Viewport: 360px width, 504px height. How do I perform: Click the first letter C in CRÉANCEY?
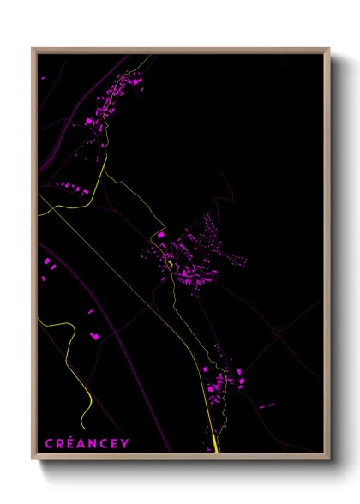[x=49, y=443]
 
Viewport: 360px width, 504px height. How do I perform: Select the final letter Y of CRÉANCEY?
[x=125, y=443]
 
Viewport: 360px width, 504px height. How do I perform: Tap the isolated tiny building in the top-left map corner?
[x=43, y=78]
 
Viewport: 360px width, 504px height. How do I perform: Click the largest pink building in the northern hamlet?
[x=88, y=123]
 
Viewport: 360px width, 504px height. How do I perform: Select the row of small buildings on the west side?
[x=72, y=186]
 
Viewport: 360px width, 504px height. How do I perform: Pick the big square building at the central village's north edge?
[x=160, y=234]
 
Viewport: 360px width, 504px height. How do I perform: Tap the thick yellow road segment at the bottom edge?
[x=214, y=441]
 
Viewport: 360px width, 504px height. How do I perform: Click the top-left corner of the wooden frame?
[x=33, y=50]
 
